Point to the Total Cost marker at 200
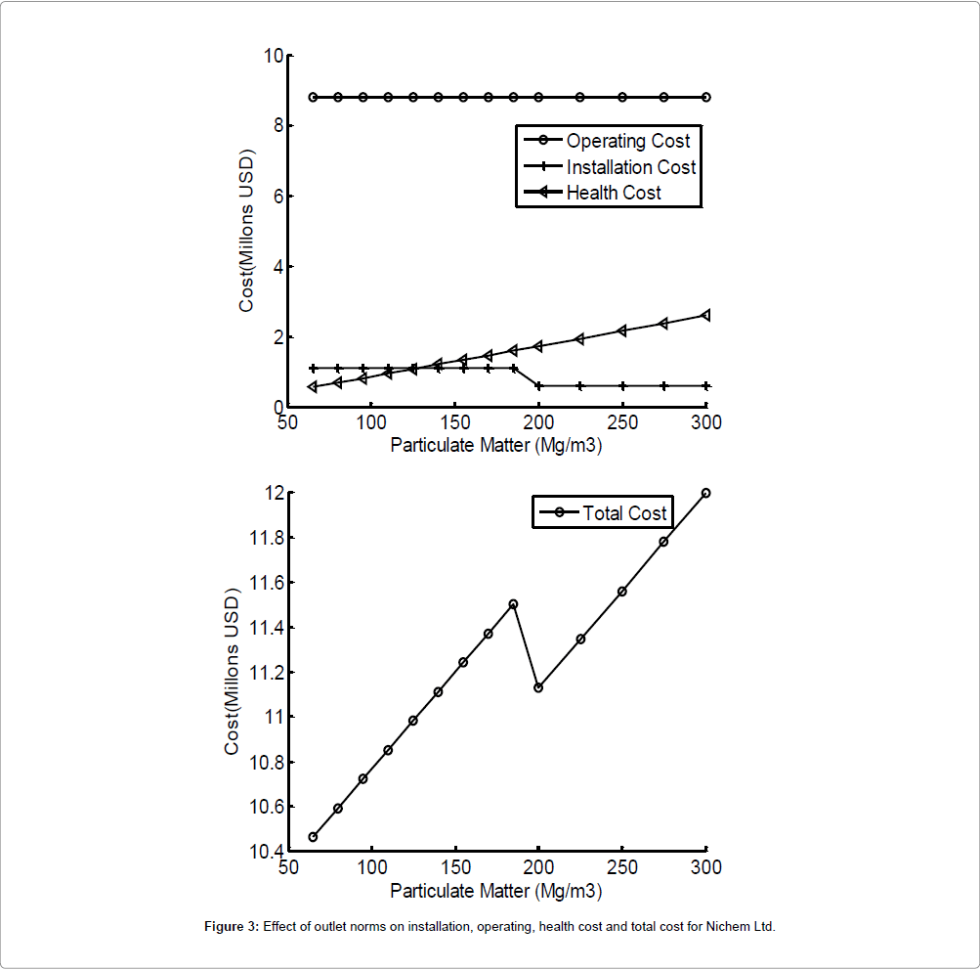538,687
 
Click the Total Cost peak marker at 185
513,604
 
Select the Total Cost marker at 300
705,493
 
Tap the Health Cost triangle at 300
705,315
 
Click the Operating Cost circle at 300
705,97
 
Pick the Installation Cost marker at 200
538,386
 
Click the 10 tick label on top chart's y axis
272,56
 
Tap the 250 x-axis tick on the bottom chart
622,867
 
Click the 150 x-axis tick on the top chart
454,422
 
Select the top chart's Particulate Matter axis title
495,445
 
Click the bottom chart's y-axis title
233,671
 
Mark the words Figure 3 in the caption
231,926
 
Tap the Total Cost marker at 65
313,837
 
